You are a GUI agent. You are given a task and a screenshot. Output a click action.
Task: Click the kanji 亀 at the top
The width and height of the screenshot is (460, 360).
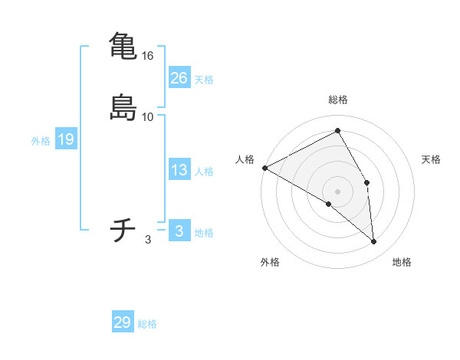tap(123, 44)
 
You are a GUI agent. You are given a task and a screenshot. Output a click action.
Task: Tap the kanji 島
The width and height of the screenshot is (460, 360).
tap(123, 106)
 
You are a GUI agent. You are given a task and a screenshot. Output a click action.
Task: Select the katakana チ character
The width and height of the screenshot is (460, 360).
tap(123, 229)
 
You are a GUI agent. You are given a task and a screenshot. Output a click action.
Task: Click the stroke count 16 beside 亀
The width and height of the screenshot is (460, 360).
tap(148, 56)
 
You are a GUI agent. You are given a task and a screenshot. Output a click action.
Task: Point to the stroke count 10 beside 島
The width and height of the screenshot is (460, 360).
tap(148, 117)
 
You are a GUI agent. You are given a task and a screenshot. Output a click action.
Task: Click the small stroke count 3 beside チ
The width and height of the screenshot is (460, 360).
tap(148, 240)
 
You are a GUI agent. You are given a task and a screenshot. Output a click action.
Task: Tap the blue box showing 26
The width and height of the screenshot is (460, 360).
tap(179, 78)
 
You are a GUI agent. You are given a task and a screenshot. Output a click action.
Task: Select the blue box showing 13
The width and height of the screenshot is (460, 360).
tap(179, 170)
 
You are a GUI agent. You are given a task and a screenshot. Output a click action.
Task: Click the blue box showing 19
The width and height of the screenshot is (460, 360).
tap(65, 139)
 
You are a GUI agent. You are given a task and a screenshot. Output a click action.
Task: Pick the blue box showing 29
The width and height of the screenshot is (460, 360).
tap(122, 322)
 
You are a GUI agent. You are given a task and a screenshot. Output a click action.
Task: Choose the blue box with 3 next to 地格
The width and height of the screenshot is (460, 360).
tap(179, 231)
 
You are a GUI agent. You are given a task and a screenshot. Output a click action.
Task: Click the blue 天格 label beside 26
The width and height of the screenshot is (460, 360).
tap(204, 80)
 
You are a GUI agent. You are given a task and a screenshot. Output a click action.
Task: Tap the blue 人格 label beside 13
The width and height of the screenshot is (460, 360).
tap(204, 172)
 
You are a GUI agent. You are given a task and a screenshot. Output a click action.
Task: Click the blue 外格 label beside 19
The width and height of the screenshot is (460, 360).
tap(41, 141)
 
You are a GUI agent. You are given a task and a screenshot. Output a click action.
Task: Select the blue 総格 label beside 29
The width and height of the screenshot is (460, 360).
tap(147, 324)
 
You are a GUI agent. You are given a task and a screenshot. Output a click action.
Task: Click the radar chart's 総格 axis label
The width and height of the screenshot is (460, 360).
tap(338, 100)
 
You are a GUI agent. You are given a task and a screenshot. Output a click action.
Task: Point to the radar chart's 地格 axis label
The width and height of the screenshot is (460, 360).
tap(402, 262)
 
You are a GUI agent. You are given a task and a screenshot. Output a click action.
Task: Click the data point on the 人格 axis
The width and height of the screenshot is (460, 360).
tap(264, 168)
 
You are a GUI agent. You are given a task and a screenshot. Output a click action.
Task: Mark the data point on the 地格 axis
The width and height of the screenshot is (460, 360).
tap(374, 241)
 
